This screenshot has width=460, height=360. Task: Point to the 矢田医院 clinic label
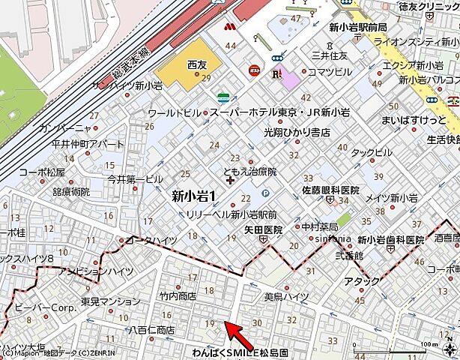pyautogui.click(x=263, y=229)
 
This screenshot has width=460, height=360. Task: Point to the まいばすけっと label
pyautogui.click(x=414, y=119)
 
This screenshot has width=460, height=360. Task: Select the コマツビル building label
pyautogui.click(x=330, y=71)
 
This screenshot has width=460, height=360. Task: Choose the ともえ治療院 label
pyautogui.click(x=250, y=172)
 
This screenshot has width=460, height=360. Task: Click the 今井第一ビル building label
pyautogui.click(x=135, y=179)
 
